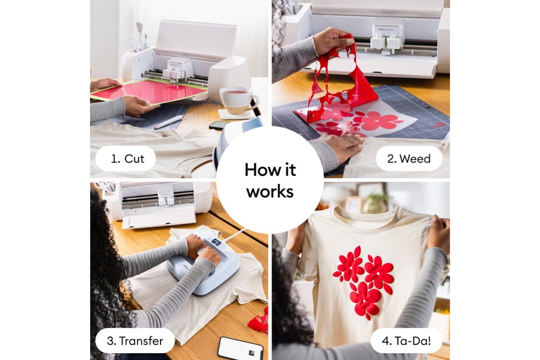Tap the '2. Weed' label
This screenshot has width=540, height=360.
pos(409,159)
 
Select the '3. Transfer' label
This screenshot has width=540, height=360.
pos(135,341)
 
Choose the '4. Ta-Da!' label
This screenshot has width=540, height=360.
pos(406,341)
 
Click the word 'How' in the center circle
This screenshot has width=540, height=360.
pos(258,170)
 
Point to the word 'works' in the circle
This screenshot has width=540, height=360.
pos(270,191)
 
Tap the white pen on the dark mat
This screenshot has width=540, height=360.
pos(169,122)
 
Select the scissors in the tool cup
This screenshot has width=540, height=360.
pos(133,41)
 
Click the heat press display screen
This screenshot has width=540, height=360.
pos(216,241)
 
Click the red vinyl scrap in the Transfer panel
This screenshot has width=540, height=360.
pos(259,321)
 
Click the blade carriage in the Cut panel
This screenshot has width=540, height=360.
pos(178,70)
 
